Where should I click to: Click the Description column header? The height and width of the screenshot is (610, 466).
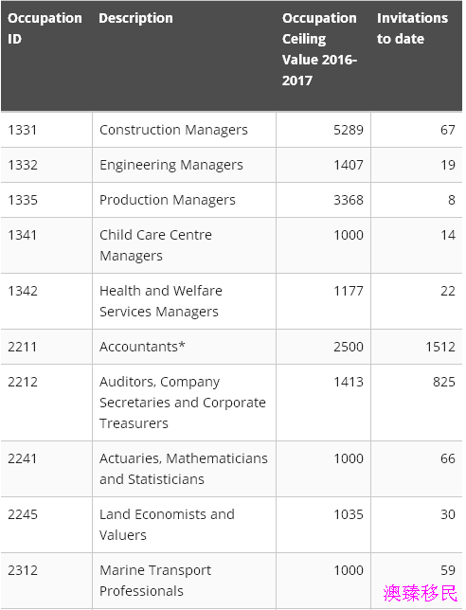[135, 18]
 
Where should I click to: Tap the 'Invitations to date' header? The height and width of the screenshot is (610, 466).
[412, 28]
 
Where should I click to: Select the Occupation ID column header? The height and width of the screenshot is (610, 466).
[45, 28]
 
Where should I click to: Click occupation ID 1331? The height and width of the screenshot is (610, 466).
[23, 130]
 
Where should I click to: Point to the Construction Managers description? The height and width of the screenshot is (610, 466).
[173, 130]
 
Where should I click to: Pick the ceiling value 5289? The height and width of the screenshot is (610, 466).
[349, 130]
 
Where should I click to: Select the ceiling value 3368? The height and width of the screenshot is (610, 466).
[349, 200]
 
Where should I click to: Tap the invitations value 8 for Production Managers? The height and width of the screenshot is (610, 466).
[451, 200]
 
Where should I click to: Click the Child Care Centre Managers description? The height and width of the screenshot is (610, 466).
[155, 245]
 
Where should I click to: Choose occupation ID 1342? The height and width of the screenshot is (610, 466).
[23, 291]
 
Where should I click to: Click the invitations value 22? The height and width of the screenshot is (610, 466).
[448, 291]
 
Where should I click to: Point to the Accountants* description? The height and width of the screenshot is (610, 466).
[142, 347]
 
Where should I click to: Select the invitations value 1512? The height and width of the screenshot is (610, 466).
[440, 347]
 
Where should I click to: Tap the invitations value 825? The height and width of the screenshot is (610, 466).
[444, 382]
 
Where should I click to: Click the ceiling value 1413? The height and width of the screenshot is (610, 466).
[349, 382]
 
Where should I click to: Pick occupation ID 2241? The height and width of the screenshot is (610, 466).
[23, 458]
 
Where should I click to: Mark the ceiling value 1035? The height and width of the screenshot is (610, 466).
[349, 514]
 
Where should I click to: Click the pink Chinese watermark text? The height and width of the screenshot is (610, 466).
[421, 593]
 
